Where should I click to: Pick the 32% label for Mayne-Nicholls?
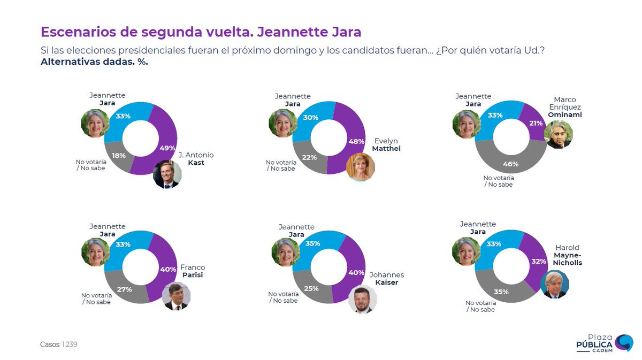[x=539, y=262]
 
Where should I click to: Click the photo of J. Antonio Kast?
[x=167, y=174]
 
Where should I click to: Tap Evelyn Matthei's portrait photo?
[x=360, y=167]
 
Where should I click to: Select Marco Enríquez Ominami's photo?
[x=559, y=134]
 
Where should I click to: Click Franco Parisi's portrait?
[x=175, y=296]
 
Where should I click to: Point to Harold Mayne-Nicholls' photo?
[x=554, y=285]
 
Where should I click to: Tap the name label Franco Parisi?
[x=192, y=271]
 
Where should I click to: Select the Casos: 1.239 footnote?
[x=59, y=344]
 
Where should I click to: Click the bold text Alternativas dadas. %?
[x=94, y=62]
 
